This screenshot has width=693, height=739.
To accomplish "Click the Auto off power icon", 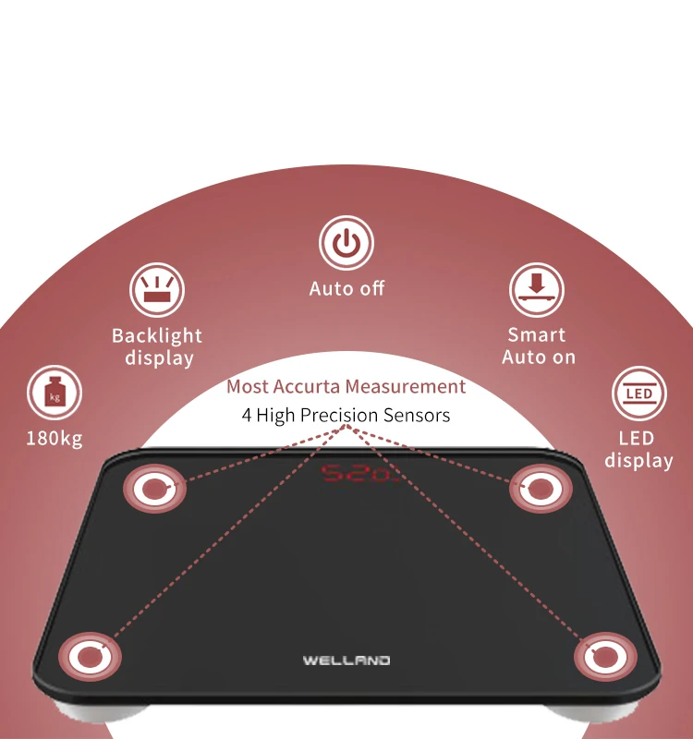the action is click(346, 244).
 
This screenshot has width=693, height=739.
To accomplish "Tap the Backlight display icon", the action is click(157, 290).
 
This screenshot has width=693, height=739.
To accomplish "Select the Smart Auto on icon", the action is click(537, 290).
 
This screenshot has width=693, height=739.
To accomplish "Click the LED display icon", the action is click(638, 394).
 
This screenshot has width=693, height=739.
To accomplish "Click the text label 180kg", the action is click(55, 438).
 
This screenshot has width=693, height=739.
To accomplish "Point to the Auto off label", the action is click(346, 288).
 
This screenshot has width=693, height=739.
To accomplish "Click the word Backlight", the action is click(157, 335).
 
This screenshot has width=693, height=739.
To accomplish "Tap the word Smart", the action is click(537, 334).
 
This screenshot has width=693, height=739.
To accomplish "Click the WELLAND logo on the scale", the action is click(346, 660).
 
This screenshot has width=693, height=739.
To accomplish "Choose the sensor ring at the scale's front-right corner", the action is click(604, 658).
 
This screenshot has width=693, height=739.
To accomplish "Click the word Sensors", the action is click(417, 415).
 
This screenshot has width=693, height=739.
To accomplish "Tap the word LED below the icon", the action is click(638, 437).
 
